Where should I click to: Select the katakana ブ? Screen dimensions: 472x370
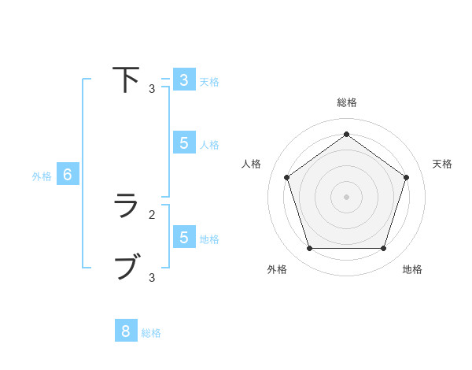pyautogui.click(x=126, y=266)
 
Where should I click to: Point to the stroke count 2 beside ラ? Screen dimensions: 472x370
pyautogui.click(x=152, y=214)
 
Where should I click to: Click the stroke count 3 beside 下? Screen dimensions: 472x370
pyautogui.click(x=152, y=89)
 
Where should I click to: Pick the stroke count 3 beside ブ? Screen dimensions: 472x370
pyautogui.click(x=152, y=277)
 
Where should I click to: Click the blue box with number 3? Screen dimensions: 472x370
pyautogui.click(x=183, y=80)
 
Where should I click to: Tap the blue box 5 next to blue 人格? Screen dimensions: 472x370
pyautogui.click(x=183, y=142)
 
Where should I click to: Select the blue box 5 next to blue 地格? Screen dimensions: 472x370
pyautogui.click(x=183, y=237)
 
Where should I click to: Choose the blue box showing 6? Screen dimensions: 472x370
pyautogui.click(x=68, y=175)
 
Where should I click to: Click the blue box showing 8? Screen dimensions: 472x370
pyautogui.click(x=125, y=331)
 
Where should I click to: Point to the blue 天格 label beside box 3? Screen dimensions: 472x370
pyautogui.click(x=209, y=81)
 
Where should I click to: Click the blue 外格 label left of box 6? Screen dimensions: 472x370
pyautogui.click(x=42, y=176)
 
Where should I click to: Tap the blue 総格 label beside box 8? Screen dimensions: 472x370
pyautogui.click(x=151, y=333)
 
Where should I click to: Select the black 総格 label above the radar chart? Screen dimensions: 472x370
pyautogui.click(x=346, y=102)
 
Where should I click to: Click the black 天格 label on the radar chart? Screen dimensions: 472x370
pyautogui.click(x=442, y=164)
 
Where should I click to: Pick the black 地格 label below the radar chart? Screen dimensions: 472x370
pyautogui.click(x=412, y=269)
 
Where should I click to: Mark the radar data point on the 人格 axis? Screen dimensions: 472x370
pyautogui.click(x=286, y=177)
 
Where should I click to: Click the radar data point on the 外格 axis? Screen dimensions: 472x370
pyautogui.click(x=309, y=249)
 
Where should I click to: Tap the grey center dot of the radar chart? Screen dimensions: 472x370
pyautogui.click(x=346, y=196)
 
